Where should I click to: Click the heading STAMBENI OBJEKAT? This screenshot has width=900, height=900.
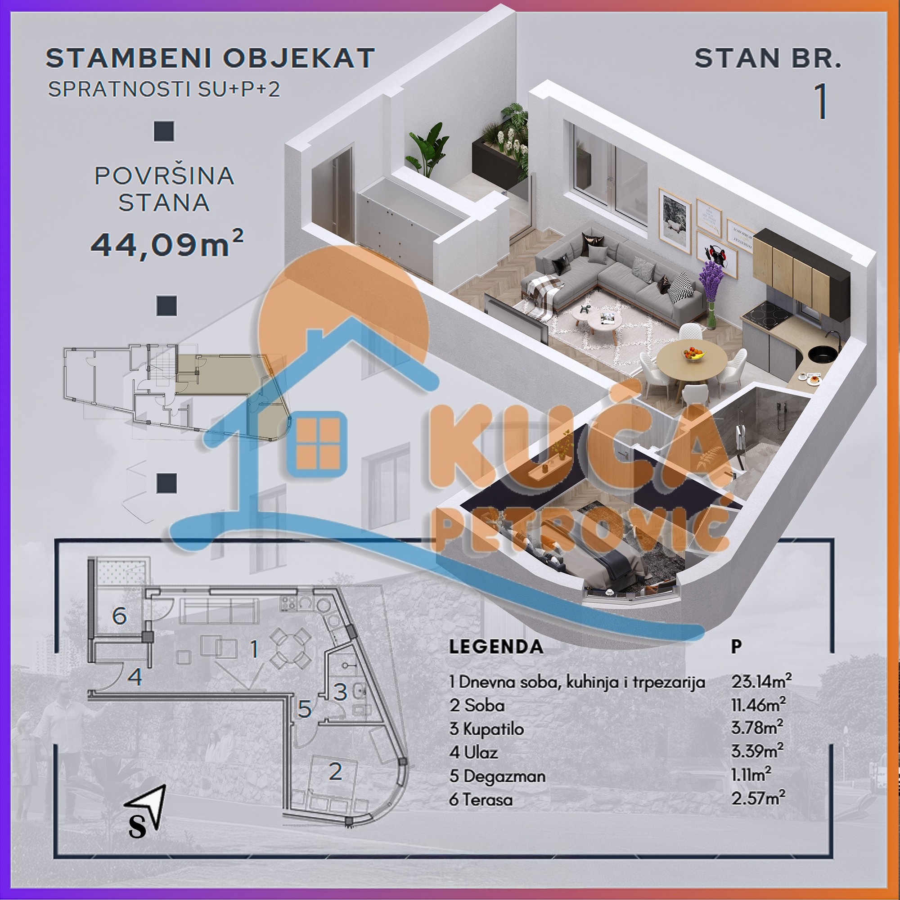click(210, 58)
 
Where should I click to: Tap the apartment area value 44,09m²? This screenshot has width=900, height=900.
click(167, 244)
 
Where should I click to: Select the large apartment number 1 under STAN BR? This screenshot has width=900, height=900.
click(821, 102)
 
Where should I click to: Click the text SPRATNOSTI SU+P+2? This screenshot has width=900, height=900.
click(164, 90)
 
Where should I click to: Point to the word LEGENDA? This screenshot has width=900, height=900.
click(495, 647)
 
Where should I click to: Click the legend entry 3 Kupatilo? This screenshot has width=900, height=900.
click(486, 729)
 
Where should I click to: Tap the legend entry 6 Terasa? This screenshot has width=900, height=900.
click(481, 799)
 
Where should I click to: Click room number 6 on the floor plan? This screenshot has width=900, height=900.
click(119, 616)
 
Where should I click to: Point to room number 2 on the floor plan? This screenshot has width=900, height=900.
click(335, 772)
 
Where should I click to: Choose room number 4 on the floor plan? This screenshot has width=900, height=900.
click(135, 676)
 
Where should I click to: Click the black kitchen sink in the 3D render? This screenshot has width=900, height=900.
click(823, 355)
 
